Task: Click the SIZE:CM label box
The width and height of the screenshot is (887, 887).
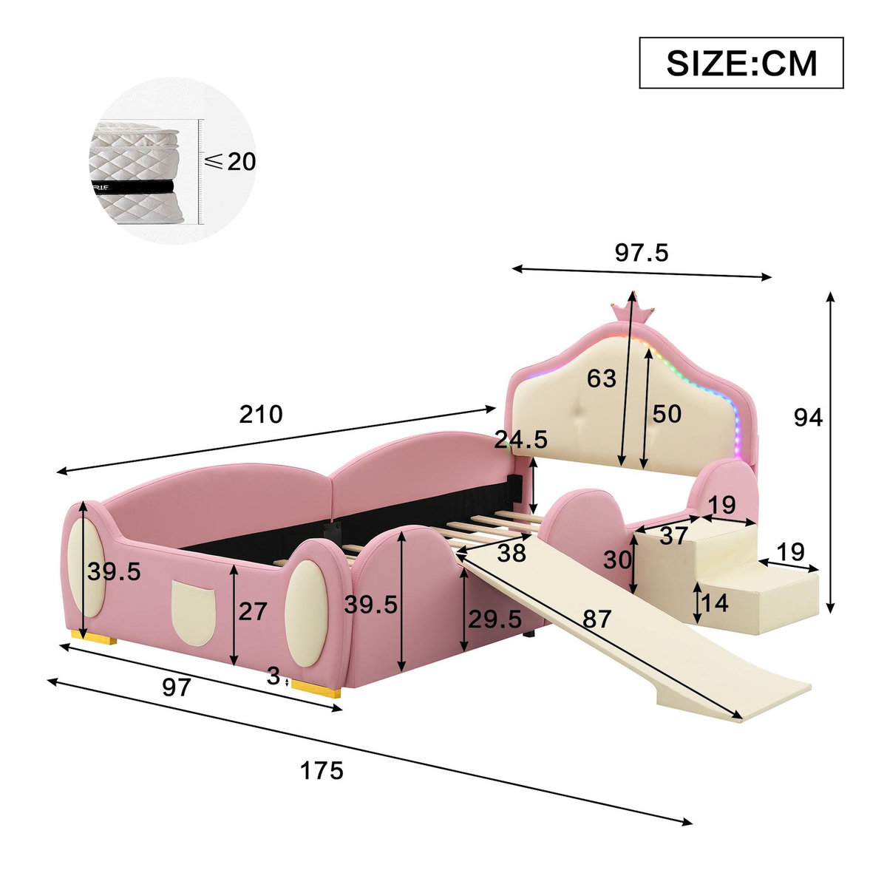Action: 741,63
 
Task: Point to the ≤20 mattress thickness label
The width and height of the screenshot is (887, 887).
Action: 231,161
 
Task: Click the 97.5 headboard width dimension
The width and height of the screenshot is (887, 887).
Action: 642,253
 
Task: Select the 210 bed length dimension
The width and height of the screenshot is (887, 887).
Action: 261,415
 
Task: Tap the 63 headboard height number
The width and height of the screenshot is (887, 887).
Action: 601,378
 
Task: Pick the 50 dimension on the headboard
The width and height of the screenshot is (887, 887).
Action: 667,414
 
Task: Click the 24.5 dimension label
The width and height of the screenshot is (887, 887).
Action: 521,441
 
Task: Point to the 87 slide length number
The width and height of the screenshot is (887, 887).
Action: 597,619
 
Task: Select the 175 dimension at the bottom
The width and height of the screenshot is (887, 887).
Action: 322,771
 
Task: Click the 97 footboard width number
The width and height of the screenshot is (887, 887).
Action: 177,688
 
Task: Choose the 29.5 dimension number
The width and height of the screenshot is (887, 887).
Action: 494,619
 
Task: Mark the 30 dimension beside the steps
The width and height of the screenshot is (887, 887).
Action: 617,560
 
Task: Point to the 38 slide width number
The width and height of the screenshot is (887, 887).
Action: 512,552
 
